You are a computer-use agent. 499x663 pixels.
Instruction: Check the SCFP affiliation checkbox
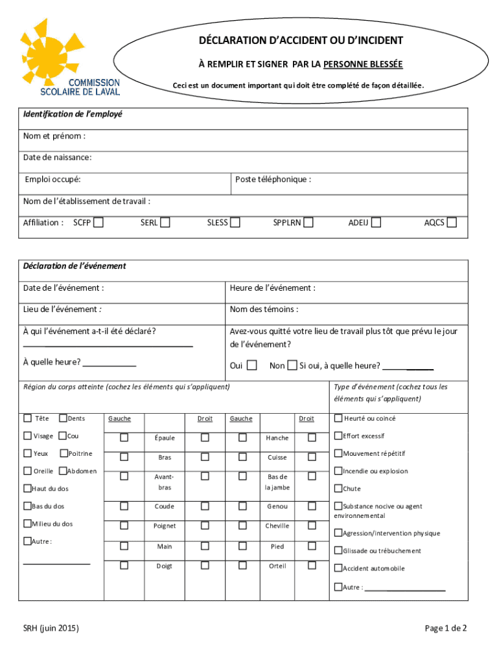[x=98, y=223]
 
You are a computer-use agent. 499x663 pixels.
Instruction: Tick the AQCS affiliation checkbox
[x=452, y=223]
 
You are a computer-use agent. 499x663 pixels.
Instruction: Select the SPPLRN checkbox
[x=308, y=223]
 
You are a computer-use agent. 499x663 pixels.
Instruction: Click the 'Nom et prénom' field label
[x=54, y=137]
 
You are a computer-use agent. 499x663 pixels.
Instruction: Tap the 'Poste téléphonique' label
[x=273, y=179]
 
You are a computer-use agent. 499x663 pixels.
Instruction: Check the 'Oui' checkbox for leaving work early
[x=251, y=365]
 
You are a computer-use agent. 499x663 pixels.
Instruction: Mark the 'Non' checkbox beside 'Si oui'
[x=292, y=365]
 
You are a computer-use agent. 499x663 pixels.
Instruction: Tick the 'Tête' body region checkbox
[x=28, y=418]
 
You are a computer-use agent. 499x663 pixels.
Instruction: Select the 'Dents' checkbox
[x=63, y=418]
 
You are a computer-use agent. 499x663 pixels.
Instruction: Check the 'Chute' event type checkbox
[x=338, y=488]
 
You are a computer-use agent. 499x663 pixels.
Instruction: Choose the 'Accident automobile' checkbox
[x=338, y=568]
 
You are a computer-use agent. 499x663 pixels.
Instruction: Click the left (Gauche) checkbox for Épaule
[x=124, y=438]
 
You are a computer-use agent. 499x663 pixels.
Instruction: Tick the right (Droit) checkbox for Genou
[x=312, y=506]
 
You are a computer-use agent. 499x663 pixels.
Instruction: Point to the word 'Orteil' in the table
[x=277, y=566]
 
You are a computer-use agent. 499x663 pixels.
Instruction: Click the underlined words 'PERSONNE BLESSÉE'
[x=363, y=64]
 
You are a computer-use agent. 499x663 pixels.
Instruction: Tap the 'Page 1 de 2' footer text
[x=446, y=628]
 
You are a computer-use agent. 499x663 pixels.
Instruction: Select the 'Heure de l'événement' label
[x=272, y=287]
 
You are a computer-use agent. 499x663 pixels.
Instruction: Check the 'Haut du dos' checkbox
[x=28, y=488]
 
